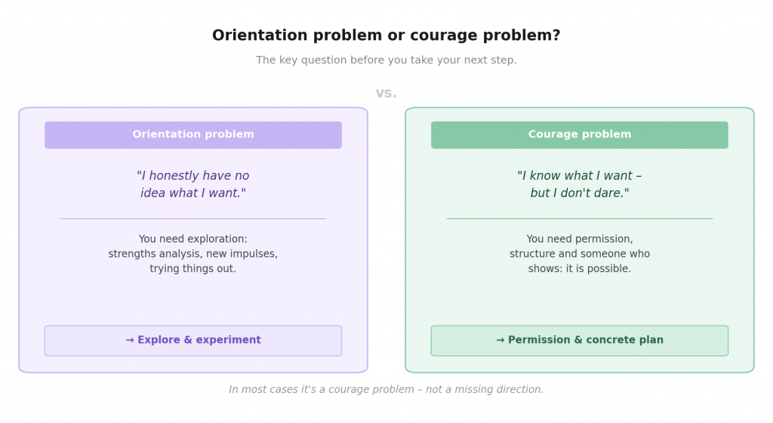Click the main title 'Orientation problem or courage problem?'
(386, 36)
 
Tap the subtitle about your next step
(386, 60)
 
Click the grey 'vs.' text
(386, 94)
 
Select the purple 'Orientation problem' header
(193, 134)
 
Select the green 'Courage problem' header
(580, 134)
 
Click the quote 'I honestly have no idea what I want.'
(193, 184)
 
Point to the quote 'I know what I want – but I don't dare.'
(580, 184)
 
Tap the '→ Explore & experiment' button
(193, 341)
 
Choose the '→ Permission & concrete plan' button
(580, 341)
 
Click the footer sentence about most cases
(386, 390)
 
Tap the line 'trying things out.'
(193, 269)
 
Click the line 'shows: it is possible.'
(580, 269)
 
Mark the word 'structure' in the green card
(533, 255)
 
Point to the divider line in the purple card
(193, 218)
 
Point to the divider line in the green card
(580, 218)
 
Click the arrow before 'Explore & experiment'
(130, 341)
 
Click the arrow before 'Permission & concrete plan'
(500, 341)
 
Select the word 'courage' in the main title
(435, 36)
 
